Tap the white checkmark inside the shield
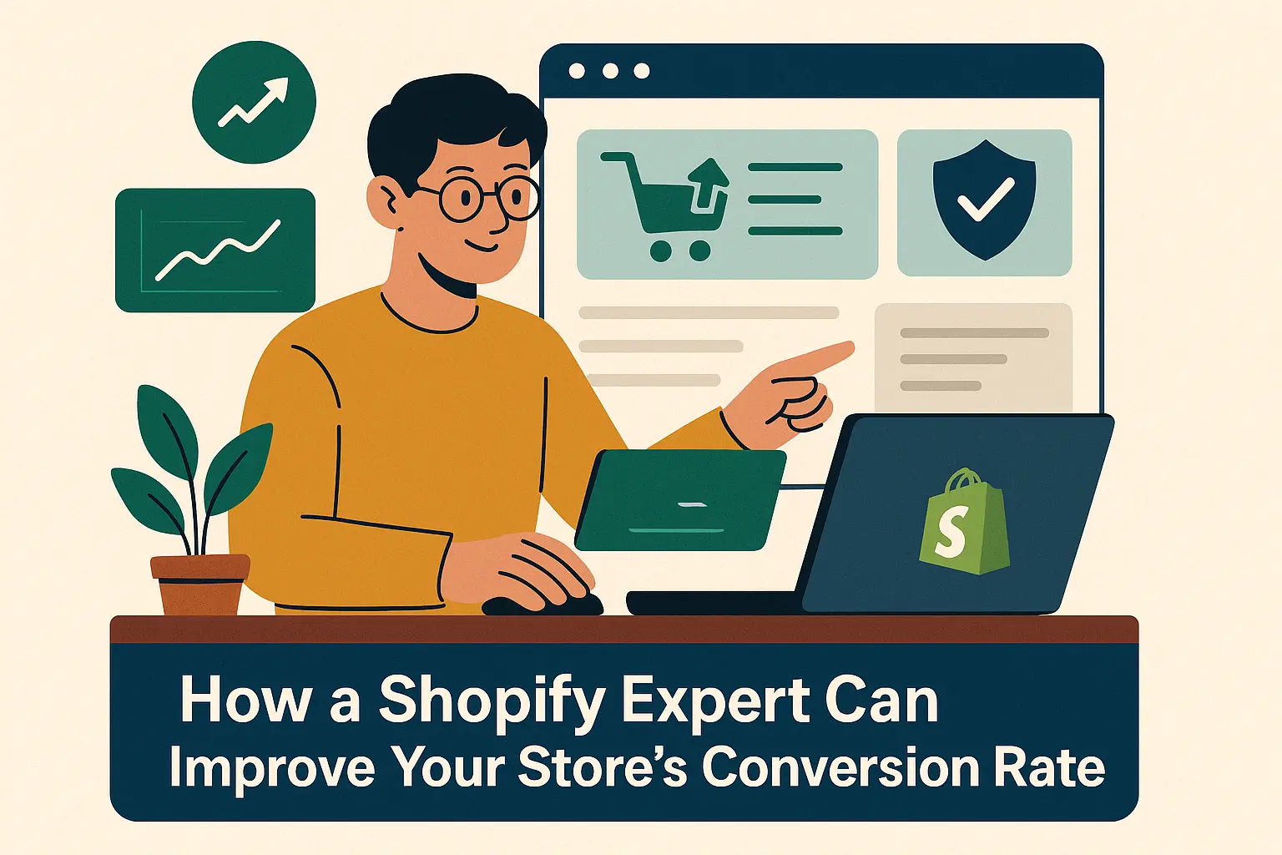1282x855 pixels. click(x=986, y=199)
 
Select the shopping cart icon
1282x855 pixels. click(x=664, y=206)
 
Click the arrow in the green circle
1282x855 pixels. click(x=254, y=102)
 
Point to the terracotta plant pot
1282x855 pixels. click(x=199, y=584)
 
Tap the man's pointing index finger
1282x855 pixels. click(x=813, y=358)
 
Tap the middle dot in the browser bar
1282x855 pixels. click(x=610, y=71)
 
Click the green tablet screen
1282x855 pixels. click(x=681, y=500)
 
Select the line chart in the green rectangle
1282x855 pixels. click(x=219, y=250)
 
